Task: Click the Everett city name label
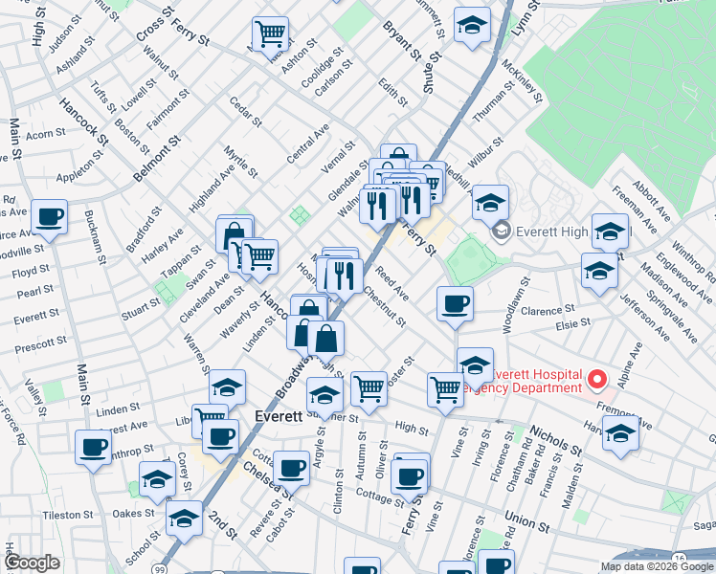(280, 417)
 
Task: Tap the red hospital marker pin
(597, 380)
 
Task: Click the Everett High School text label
(569, 231)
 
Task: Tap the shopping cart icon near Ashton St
(271, 34)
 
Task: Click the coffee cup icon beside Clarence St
(455, 304)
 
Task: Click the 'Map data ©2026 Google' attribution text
(658, 566)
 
